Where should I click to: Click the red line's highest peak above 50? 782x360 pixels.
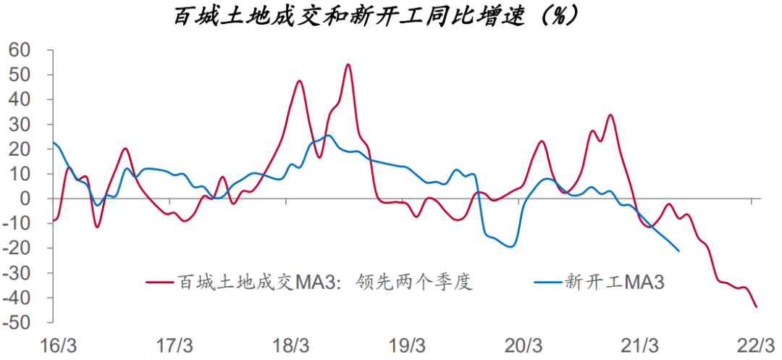(348, 64)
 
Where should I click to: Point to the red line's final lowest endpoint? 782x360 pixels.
(757, 307)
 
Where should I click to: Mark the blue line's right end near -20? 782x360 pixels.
(678, 251)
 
